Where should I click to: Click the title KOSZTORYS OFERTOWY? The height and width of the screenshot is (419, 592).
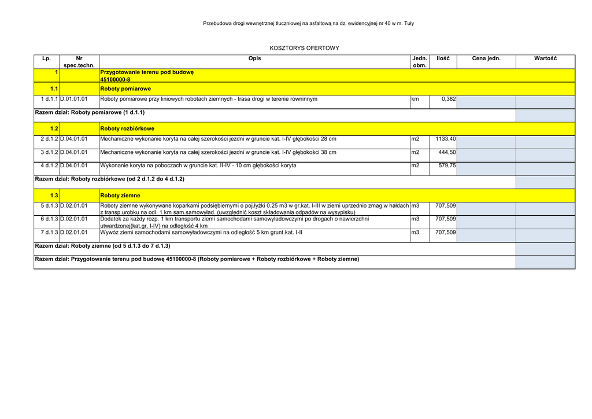[x=304, y=48]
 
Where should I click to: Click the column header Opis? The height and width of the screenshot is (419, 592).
[x=254, y=58]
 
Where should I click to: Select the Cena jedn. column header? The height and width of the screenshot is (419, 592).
[x=486, y=58]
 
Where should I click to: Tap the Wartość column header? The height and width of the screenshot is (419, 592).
[x=545, y=58]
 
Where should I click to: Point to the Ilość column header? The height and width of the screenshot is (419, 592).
[x=443, y=58]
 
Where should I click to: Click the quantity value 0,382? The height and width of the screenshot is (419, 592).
[x=448, y=99]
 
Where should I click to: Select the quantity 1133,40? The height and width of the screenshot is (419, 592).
[x=445, y=139]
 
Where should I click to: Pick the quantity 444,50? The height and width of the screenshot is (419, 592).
[x=447, y=152]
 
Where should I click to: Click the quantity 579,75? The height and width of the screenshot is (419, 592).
[x=447, y=166]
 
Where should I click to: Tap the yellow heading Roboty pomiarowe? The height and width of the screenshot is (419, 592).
[x=125, y=89]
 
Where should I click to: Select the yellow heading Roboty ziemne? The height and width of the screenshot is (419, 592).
[x=120, y=196]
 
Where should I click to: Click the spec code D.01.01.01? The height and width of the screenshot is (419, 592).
[x=74, y=99]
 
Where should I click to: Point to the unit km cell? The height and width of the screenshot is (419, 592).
[x=415, y=99]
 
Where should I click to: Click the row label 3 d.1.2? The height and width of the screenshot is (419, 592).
[x=49, y=152]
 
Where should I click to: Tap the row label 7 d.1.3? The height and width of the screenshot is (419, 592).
[x=49, y=232]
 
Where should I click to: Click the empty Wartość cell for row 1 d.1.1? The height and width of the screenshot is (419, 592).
[x=545, y=102]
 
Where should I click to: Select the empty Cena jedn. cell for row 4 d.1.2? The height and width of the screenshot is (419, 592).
[x=486, y=168]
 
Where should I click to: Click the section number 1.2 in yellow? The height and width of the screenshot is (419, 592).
[x=54, y=128]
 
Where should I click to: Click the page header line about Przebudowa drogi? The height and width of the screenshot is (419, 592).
[x=308, y=23]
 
